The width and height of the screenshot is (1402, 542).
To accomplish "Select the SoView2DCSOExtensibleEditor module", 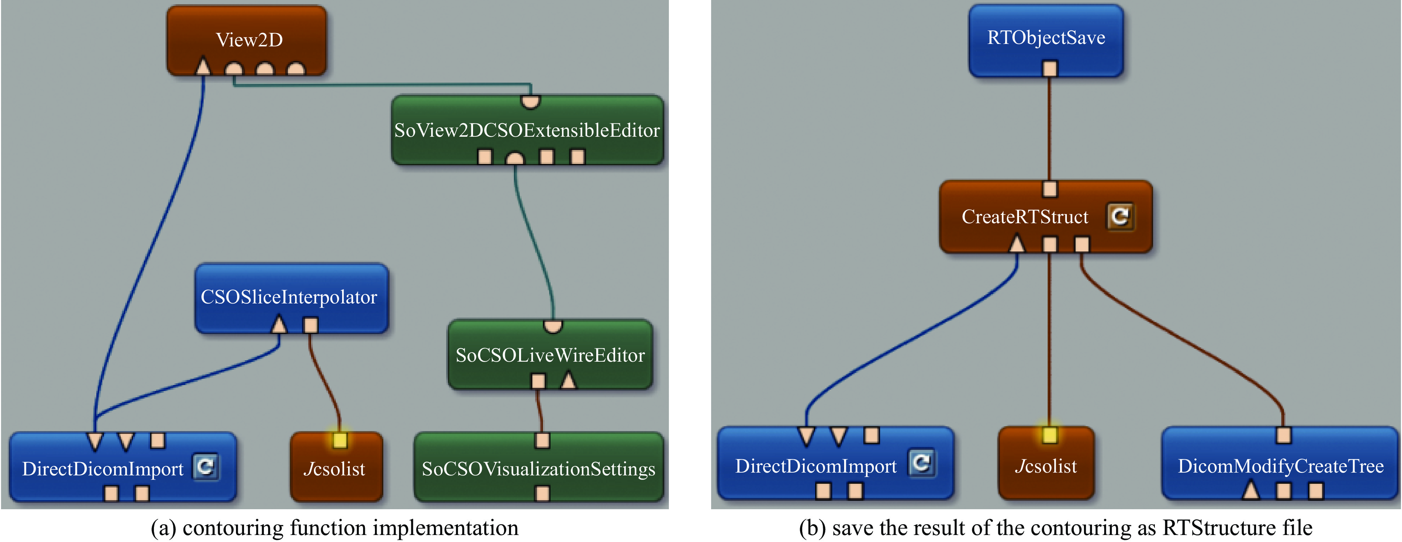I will click(x=527, y=130).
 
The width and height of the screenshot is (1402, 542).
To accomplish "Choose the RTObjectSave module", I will click(x=1046, y=38).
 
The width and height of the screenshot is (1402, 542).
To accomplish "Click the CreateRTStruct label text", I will click(x=1024, y=217).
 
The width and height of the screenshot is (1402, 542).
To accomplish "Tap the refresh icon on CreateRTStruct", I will click(x=1120, y=216).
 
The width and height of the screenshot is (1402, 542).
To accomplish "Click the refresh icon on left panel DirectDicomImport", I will click(x=206, y=466).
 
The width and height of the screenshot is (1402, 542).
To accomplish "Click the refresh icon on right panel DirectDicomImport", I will click(x=921, y=463).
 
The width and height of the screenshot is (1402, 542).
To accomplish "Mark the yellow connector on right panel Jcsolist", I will click(x=1050, y=435).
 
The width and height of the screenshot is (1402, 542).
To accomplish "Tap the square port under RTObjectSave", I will click(x=1050, y=69).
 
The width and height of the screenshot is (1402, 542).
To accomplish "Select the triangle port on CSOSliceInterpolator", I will click(x=279, y=325).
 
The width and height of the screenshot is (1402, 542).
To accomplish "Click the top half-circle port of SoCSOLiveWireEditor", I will click(x=553, y=326).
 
